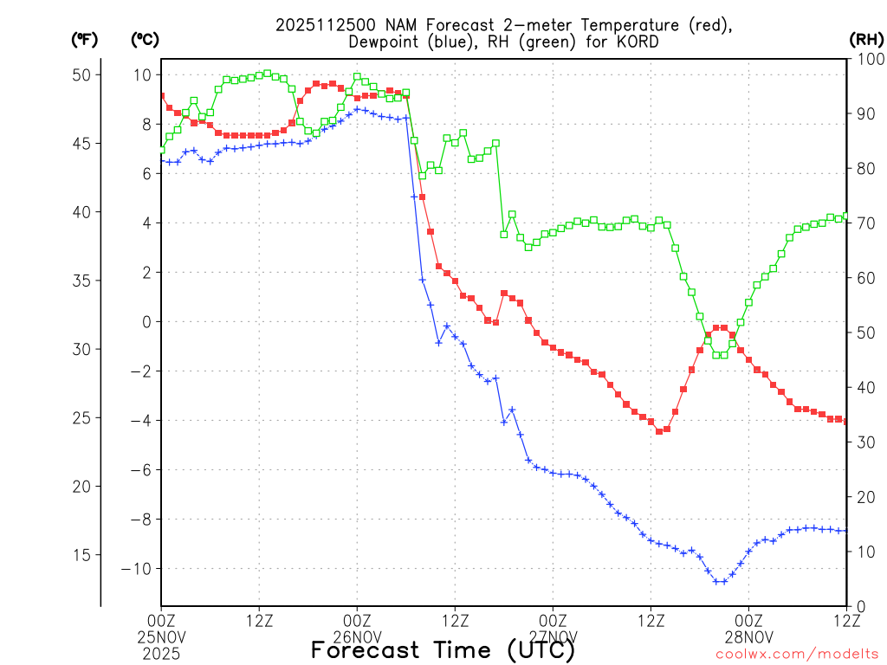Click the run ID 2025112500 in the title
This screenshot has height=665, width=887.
tap(319, 24)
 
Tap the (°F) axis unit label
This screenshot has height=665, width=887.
tap(85, 40)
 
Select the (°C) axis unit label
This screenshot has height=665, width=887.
tap(145, 40)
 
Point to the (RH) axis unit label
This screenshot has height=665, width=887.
tap(866, 40)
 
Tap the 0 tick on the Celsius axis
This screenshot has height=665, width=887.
tap(146, 322)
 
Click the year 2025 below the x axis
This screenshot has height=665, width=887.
tap(161, 652)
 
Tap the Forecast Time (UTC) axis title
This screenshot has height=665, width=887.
tap(443, 649)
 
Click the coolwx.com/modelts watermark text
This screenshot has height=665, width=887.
tap(797, 654)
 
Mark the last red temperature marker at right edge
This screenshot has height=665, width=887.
tap(846, 421)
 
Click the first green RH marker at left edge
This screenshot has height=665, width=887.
tap(161, 150)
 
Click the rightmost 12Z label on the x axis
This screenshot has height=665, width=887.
tap(846, 620)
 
